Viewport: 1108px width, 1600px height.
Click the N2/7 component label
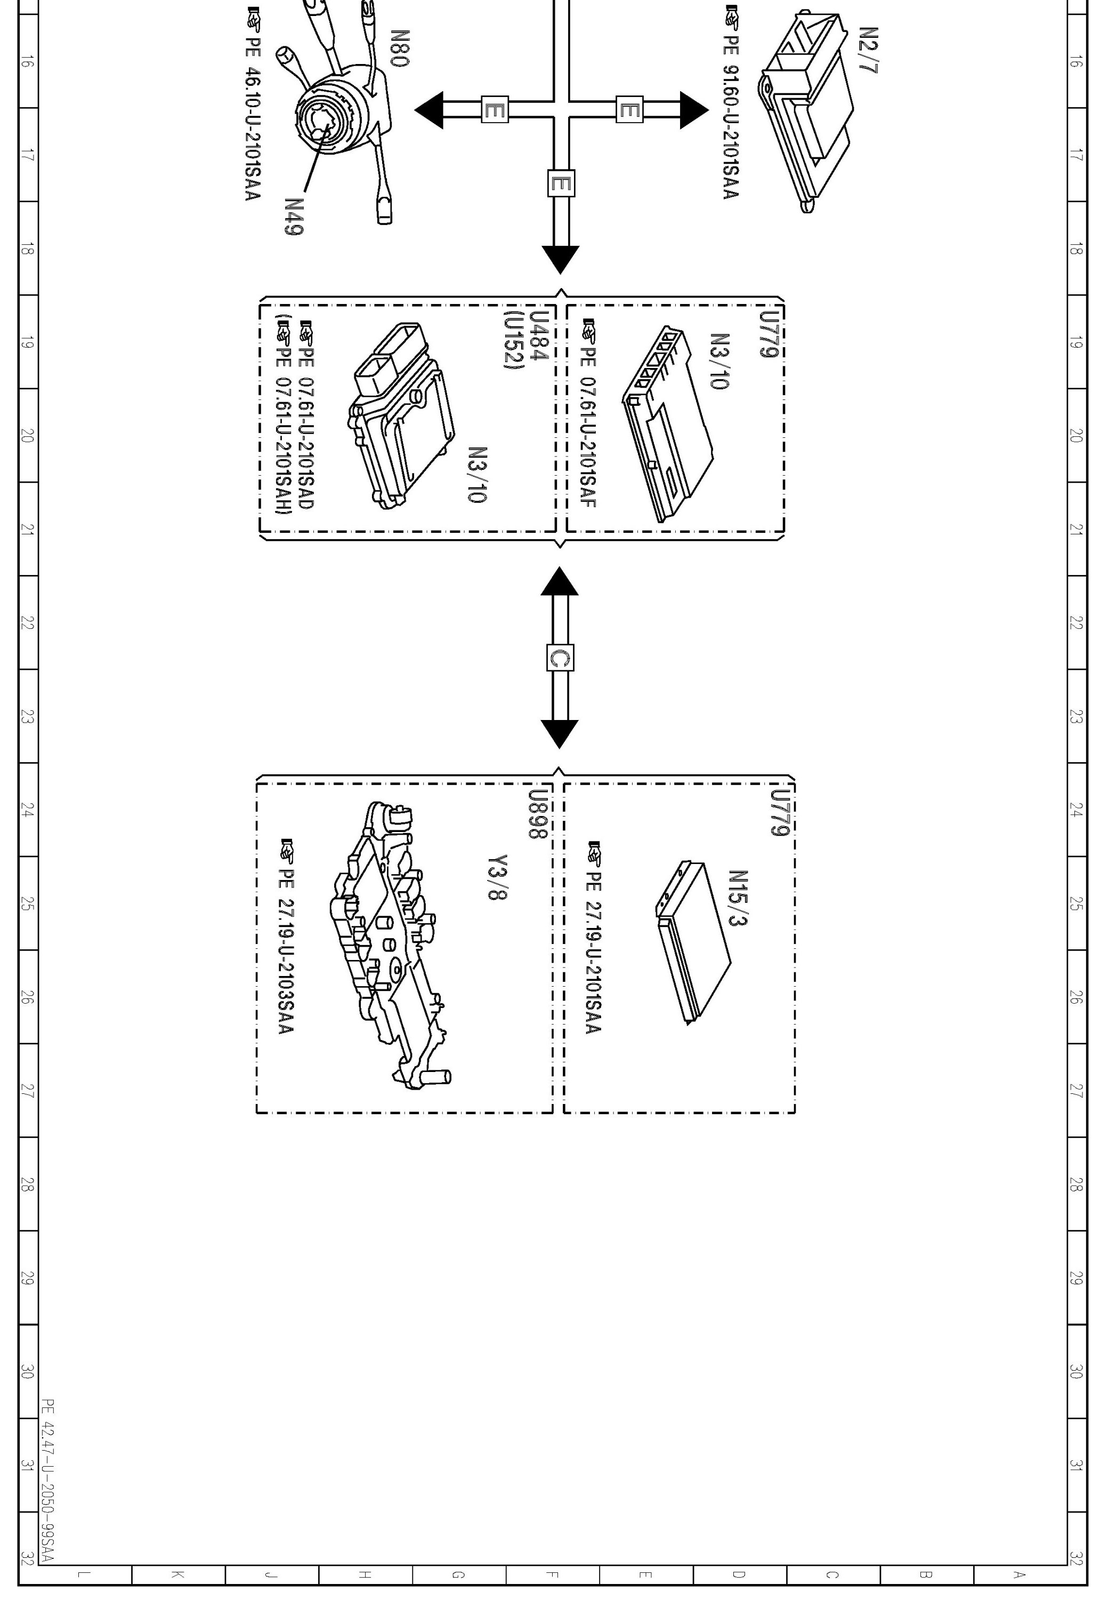869,51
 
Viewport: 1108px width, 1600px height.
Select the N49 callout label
294,217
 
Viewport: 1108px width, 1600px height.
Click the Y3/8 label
498,877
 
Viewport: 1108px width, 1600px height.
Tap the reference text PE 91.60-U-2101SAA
730,110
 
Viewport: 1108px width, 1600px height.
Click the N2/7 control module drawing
807,111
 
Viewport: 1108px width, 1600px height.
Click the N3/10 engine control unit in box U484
401,415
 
